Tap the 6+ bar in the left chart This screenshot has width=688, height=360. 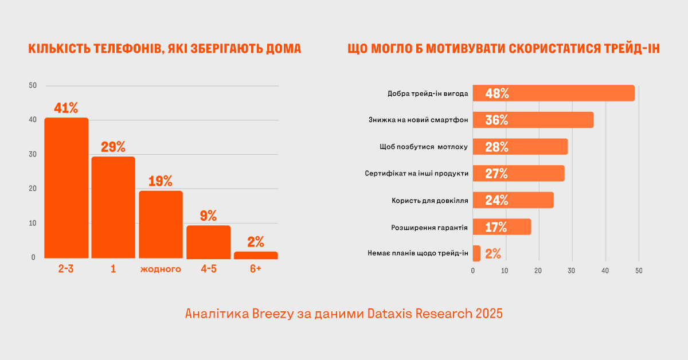point(256,255)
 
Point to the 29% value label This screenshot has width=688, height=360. point(113,147)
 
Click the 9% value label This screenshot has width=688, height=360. point(208,216)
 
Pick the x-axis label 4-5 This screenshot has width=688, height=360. point(208,269)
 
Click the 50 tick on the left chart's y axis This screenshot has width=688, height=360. point(33,86)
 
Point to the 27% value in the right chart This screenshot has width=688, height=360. point(497,174)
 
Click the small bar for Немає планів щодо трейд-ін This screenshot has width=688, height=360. point(476,253)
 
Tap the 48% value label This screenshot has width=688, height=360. point(497,93)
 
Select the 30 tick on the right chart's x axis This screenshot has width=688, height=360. point(572,271)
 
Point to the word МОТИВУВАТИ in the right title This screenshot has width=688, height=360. point(466,49)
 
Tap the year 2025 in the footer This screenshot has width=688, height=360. point(487,314)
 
